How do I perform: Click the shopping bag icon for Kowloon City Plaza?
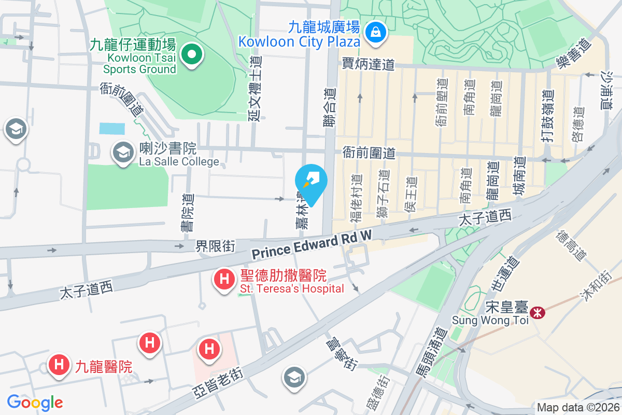click(374, 32)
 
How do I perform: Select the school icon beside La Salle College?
click(123, 153)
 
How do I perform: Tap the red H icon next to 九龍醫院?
click(59, 364)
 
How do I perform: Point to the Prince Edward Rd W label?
click(312, 245)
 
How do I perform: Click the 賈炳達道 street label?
click(369, 64)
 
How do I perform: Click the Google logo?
click(35, 402)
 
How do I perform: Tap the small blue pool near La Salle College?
click(112, 128)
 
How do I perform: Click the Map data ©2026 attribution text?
click(577, 408)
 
